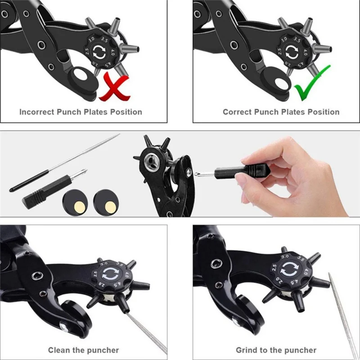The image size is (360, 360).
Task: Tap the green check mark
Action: coord(312,83)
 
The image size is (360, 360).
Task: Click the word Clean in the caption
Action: coord(59,350)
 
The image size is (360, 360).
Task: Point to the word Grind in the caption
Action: coord(247,350)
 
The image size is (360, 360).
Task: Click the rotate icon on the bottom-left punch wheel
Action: coord(110,274)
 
